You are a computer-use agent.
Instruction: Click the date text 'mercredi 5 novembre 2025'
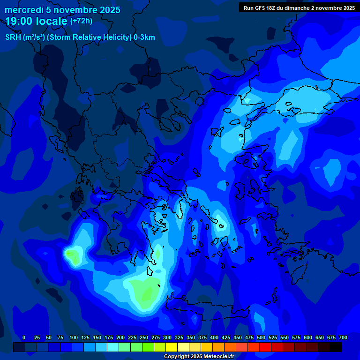(62, 10)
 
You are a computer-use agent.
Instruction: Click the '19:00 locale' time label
(36, 21)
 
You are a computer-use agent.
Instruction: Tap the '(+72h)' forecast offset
(81, 21)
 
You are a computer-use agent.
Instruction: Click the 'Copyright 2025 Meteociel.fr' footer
(199, 357)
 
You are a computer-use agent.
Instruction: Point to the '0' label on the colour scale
(24, 337)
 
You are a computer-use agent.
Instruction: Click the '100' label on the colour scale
(74, 337)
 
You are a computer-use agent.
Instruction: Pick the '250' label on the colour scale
(144, 337)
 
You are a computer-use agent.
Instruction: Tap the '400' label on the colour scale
(214, 337)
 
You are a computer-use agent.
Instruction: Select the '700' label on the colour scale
(343, 337)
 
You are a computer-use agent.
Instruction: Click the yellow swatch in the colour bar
(172, 347)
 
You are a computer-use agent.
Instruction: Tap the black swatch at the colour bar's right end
(336, 347)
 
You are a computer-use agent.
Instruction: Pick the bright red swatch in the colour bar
(265, 347)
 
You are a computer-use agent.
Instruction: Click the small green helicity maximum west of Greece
(71, 255)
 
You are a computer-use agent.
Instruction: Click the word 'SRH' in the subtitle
(13, 37)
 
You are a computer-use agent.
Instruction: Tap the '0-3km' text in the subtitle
(144, 37)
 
